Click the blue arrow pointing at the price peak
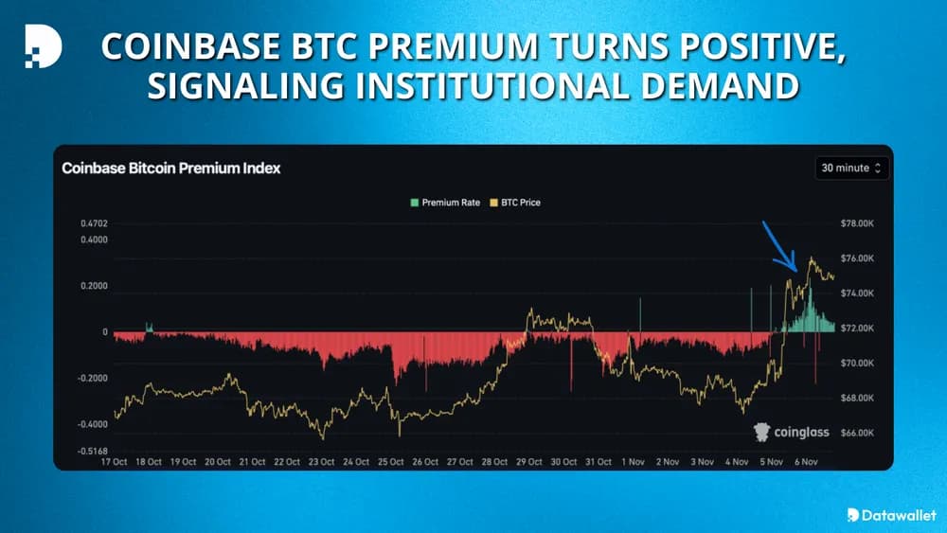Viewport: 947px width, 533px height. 781,249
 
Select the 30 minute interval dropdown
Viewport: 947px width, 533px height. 851,168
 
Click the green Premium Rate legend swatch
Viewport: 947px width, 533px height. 414,203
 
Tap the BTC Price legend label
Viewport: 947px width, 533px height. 521,203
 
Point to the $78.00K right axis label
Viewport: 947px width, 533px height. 856,223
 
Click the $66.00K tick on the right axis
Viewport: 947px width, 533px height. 856,433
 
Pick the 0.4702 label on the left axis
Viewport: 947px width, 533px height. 95,223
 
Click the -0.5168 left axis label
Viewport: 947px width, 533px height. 93,451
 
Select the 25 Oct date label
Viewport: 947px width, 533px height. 390,462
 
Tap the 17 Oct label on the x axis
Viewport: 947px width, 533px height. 113,462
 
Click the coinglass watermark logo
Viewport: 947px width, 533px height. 791,432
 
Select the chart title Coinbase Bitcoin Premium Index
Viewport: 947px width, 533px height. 171,168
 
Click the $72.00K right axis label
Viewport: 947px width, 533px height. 856,329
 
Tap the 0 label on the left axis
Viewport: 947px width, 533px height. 105,332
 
